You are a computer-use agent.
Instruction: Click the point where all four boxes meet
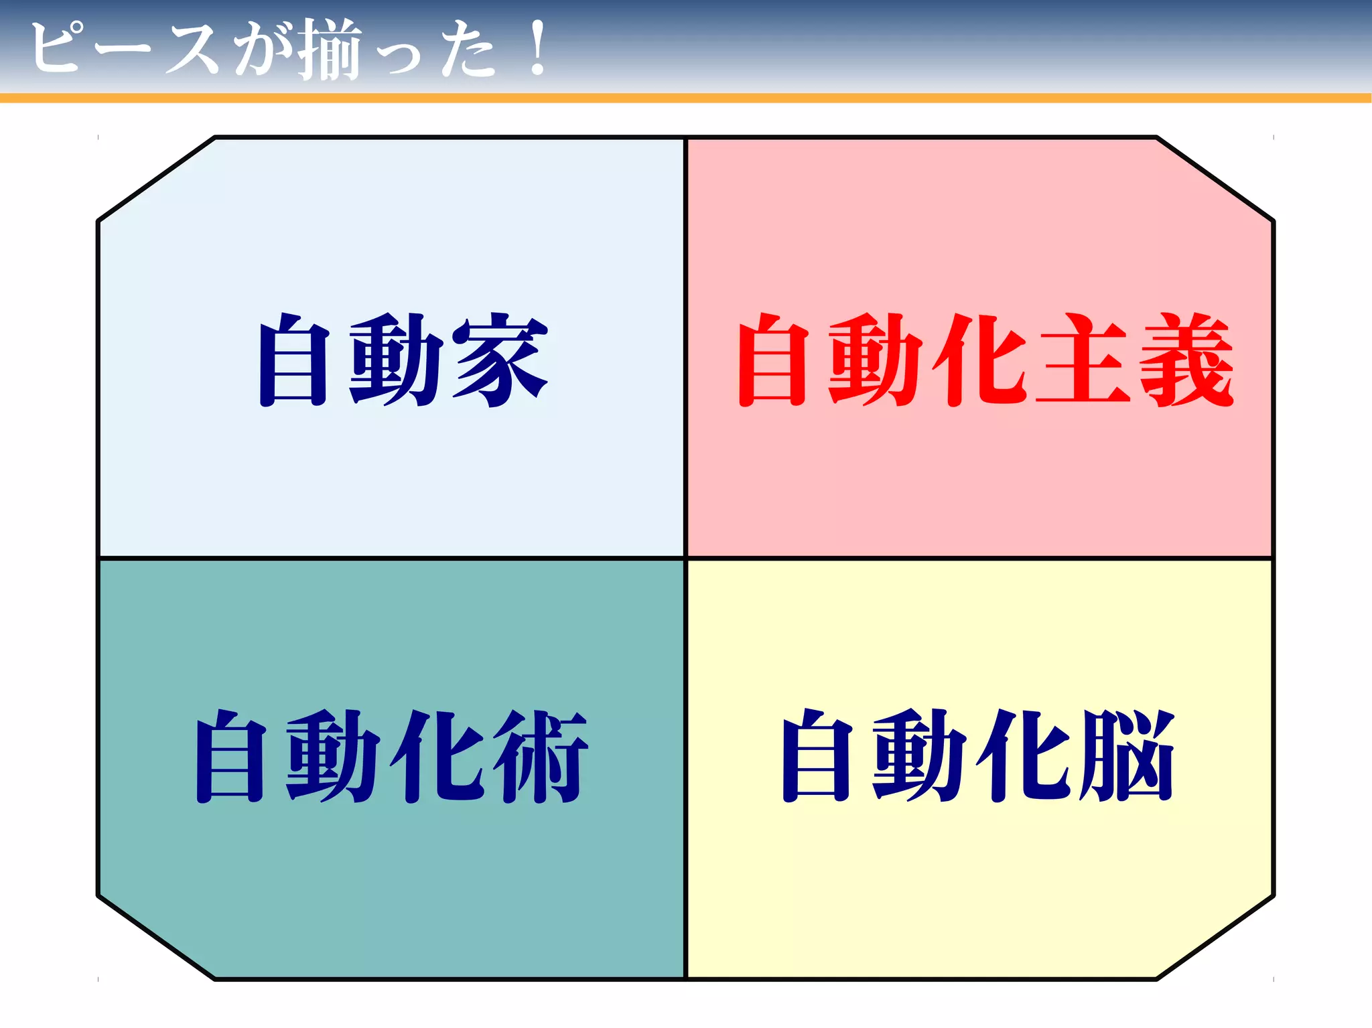click(x=686, y=557)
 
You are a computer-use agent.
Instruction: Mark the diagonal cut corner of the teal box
click(x=157, y=937)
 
